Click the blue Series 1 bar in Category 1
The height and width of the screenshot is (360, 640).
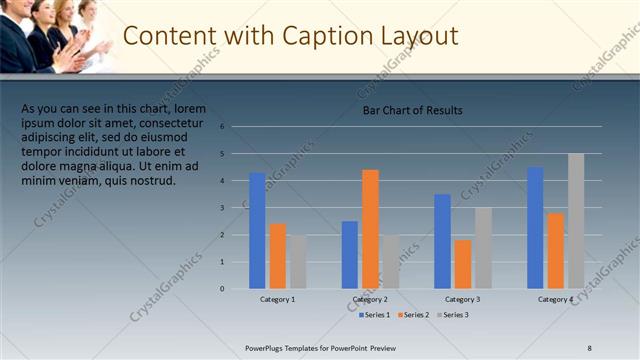[x=257, y=231]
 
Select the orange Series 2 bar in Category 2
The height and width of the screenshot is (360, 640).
[x=370, y=229]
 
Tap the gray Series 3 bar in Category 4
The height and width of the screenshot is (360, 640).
[x=576, y=221]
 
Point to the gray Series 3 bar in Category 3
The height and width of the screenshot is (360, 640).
[x=483, y=248]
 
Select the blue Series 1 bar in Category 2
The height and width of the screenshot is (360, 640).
[x=349, y=255]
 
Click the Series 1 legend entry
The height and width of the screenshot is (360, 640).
[x=376, y=315]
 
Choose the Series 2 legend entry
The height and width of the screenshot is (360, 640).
[x=414, y=315]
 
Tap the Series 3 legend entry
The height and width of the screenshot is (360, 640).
[x=452, y=315]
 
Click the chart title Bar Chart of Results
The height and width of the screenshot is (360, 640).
[x=412, y=110]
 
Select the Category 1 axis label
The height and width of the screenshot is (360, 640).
[x=277, y=299]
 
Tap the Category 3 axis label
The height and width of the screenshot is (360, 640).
[x=462, y=299]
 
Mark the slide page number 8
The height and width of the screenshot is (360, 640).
[x=589, y=347]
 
